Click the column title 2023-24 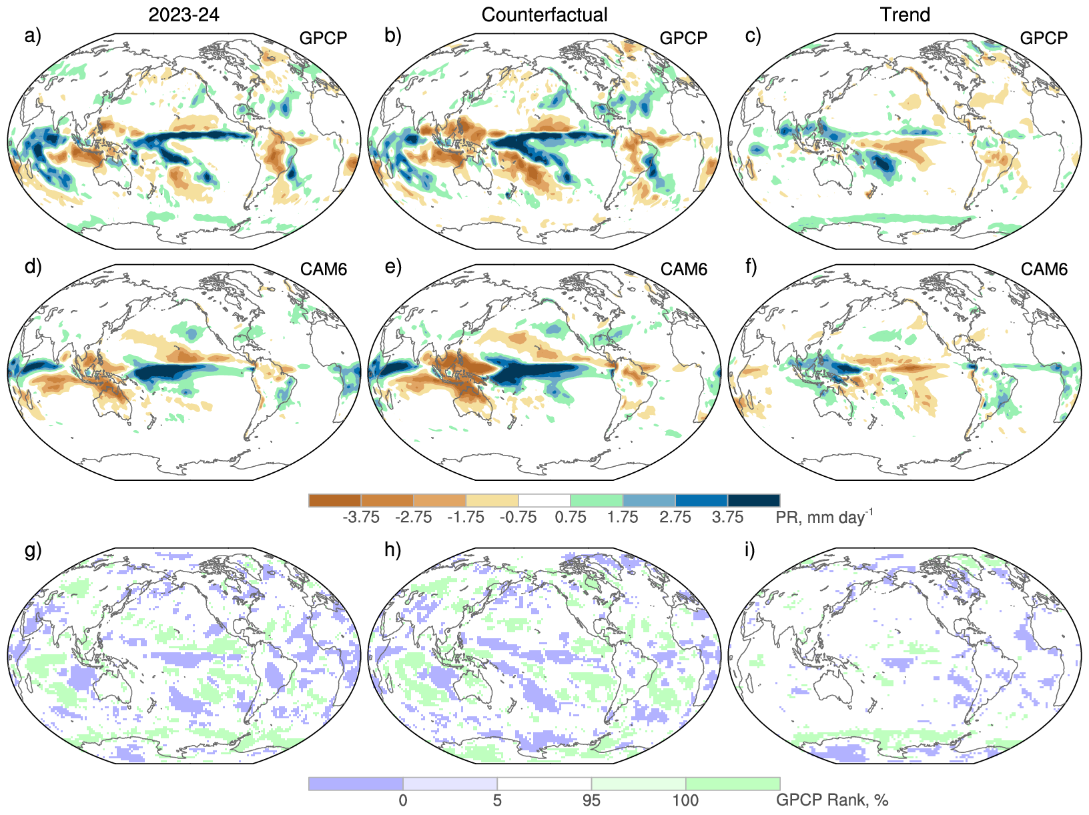point(184,15)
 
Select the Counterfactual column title point(544,15)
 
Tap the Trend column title point(905,15)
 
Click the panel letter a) point(33,35)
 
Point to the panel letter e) point(393,267)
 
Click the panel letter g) point(33,550)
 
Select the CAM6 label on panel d point(324,269)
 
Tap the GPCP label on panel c point(1044,38)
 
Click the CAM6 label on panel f point(1044,269)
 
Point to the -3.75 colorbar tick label point(360,518)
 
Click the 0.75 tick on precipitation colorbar point(571,518)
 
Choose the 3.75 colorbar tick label point(727,518)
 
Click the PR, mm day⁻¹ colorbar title point(823,517)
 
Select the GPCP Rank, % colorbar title point(831,800)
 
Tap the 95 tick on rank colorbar point(591,800)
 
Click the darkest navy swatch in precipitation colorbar point(753,500)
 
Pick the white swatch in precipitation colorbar point(544,500)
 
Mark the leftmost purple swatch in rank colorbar point(356,784)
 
